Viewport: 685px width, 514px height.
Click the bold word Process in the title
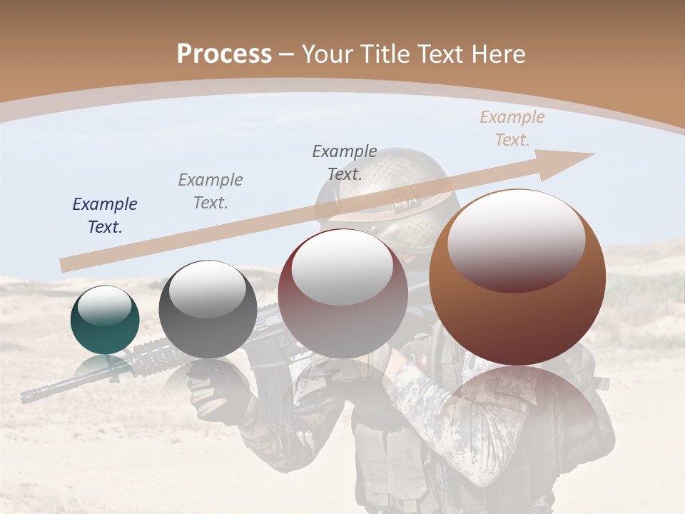(224, 54)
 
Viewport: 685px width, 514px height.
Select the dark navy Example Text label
(105, 215)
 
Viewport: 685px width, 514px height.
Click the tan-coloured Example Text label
(512, 128)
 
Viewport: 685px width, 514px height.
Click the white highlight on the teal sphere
(104, 306)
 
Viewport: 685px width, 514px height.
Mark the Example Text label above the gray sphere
(210, 191)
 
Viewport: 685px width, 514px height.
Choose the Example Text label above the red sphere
(345, 162)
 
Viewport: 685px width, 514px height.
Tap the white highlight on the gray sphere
(207, 288)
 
